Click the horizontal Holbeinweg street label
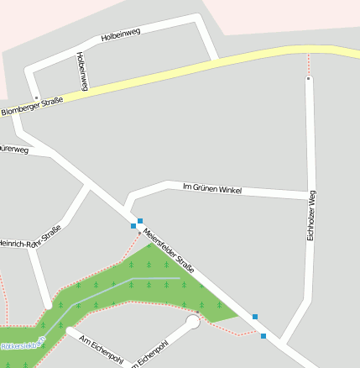[120, 34]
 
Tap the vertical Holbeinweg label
[81, 71]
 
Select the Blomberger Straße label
[32, 107]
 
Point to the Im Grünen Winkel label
[211, 188]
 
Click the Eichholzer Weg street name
[311, 216]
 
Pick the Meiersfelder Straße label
[168, 250]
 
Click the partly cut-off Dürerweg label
[14, 150]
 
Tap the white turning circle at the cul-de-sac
[193, 321]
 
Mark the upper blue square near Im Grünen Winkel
[140, 220]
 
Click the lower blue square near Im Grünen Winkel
[133, 226]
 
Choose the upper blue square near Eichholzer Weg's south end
[254, 317]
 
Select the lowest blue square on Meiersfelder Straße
[263, 336]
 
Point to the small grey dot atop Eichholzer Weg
[309, 78]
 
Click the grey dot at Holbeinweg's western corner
[36, 97]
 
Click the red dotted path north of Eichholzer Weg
[309, 64]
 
